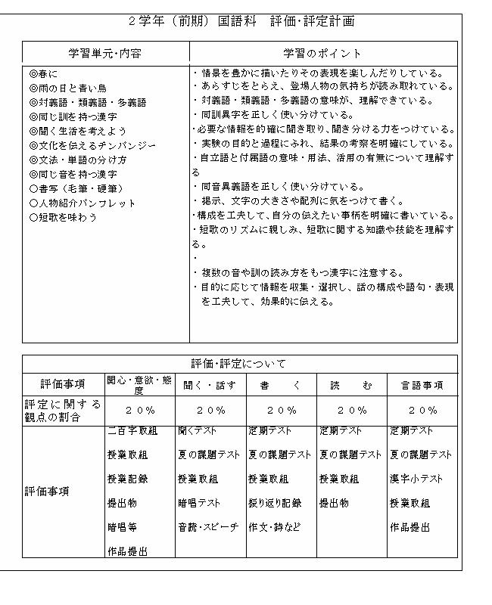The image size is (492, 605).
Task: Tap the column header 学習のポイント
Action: pyautogui.click(x=322, y=54)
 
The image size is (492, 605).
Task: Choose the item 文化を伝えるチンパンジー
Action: pyautogui.click(x=92, y=145)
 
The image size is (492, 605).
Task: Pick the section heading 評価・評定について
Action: pyautogui.click(x=238, y=364)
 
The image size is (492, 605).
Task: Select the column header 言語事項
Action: pyautogui.click(x=422, y=386)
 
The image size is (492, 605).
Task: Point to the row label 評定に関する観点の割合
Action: pyautogui.click(x=62, y=410)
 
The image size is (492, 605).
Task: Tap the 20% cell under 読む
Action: pyautogui.click(x=352, y=411)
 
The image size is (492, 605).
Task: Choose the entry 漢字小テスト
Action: pyautogui.click(x=416, y=479)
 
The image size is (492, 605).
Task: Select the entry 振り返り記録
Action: pyautogui.click(x=275, y=503)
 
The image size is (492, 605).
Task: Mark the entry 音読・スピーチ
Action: pyautogui.click(x=208, y=527)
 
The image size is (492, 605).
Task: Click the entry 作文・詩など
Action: pyautogui.click(x=274, y=527)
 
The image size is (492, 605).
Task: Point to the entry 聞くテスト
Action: pyautogui.click(x=197, y=431)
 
